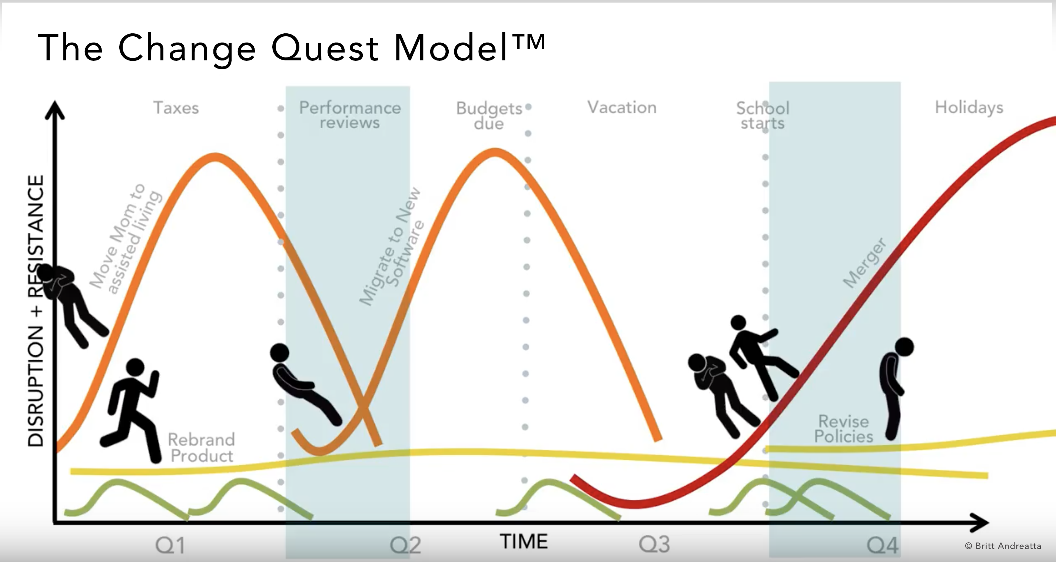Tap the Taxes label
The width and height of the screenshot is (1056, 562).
click(176, 108)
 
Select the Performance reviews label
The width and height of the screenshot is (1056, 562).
click(350, 115)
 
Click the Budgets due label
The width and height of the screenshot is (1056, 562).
click(489, 116)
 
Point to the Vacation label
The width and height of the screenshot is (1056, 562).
click(622, 108)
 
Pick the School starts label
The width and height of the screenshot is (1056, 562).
click(763, 116)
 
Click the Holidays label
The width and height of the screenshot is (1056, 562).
click(969, 108)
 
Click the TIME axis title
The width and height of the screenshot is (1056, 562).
click(524, 542)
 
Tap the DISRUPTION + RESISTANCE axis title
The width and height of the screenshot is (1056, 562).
click(36, 311)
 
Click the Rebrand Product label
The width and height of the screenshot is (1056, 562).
click(201, 447)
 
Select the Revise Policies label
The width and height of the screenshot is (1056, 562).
click(844, 429)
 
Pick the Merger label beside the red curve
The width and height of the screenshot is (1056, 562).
click(864, 262)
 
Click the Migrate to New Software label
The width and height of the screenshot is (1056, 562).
click(392, 246)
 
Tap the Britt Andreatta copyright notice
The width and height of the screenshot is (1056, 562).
click(1003, 546)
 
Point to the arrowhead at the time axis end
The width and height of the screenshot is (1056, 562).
click(980, 523)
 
